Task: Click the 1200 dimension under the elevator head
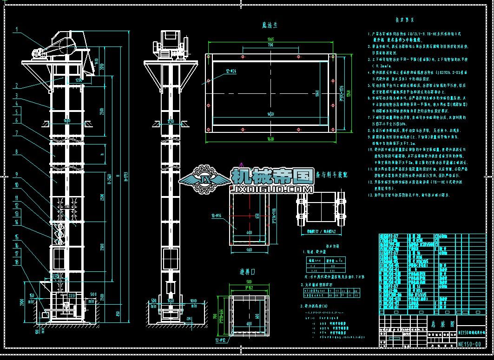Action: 79,80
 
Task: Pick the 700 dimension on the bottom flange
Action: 270,46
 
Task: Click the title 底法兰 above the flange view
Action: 270,25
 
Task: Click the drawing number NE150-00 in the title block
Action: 469,344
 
